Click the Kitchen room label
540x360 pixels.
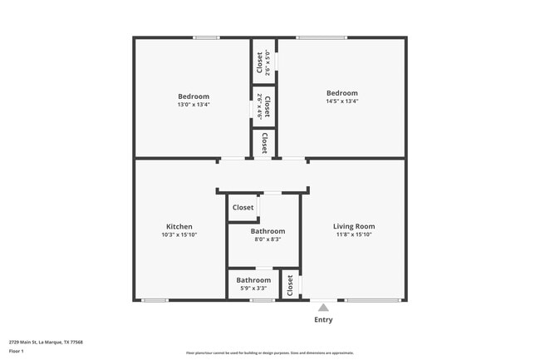coord(179,226)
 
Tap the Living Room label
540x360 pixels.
coord(354,226)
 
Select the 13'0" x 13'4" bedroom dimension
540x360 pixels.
coord(194,104)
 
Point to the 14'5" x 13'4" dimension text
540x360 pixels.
coord(342,101)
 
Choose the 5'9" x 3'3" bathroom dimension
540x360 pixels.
coord(253,288)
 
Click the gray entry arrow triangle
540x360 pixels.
coord(323,308)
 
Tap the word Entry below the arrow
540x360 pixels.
coord(323,320)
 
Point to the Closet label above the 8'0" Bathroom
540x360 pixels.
coord(243,208)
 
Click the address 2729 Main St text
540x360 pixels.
coord(46,342)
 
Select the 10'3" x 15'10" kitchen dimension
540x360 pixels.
coord(179,235)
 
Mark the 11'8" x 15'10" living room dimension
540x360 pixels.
coord(354,235)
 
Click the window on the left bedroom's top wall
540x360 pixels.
coord(206,37)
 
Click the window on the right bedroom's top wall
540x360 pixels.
coord(322,37)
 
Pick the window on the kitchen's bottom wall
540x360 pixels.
coord(155,300)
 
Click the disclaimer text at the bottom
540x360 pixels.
coord(270,353)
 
